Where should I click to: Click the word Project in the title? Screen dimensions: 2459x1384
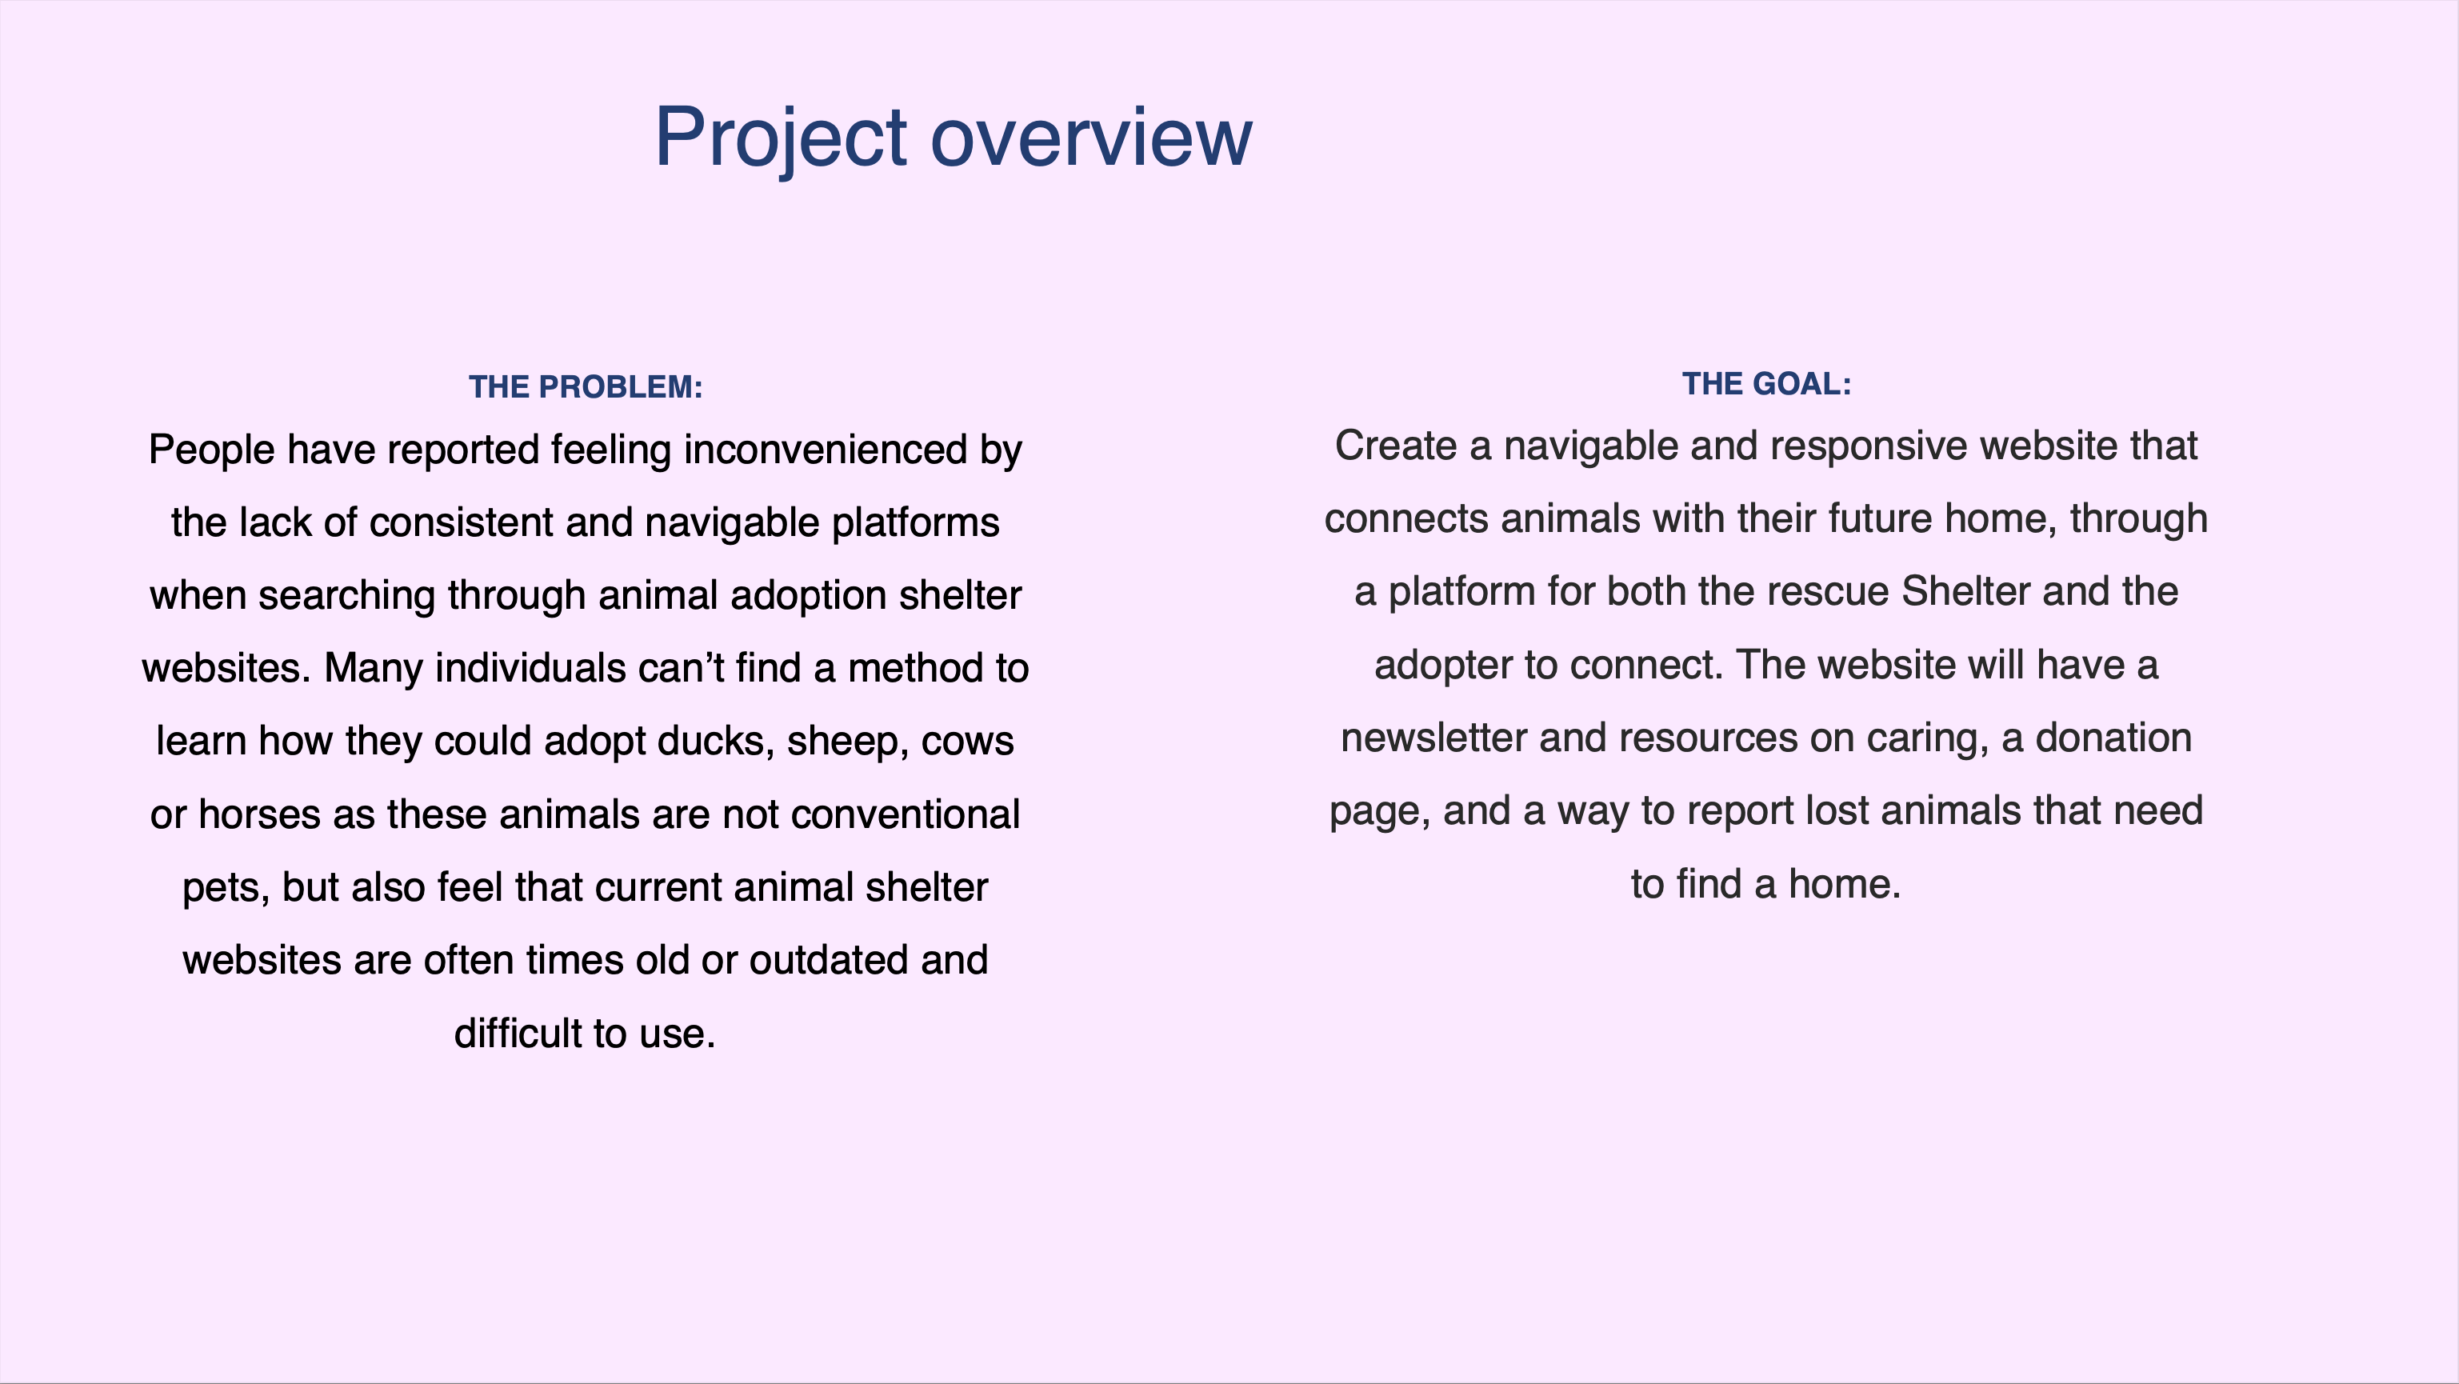(781, 138)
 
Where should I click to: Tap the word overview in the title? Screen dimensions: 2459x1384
(1091, 138)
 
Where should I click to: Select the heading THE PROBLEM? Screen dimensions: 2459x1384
(586, 386)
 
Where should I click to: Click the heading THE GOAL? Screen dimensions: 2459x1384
(1766, 384)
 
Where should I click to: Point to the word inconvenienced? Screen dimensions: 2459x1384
(826, 449)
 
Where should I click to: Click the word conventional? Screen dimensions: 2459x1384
(906, 814)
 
